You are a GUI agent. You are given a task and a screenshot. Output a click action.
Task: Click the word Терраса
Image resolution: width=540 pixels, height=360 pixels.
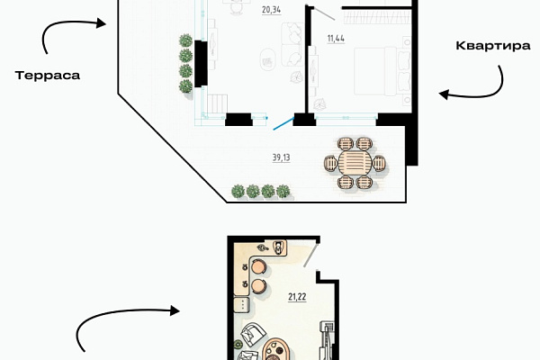(48, 76)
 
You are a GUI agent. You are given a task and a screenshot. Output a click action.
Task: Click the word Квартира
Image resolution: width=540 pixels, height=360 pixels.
(493, 46)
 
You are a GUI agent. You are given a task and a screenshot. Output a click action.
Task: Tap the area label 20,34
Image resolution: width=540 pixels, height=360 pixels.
(272, 10)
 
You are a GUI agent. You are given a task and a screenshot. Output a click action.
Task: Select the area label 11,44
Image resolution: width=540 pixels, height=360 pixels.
(336, 38)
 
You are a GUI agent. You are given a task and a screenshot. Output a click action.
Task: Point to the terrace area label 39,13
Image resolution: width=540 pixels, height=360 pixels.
(282, 157)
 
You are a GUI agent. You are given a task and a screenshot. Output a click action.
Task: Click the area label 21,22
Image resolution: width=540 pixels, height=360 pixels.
(297, 297)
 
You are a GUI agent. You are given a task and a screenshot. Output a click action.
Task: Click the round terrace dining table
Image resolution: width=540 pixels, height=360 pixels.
(355, 163)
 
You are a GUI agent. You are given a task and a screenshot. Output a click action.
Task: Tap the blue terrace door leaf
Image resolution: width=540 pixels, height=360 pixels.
(283, 123)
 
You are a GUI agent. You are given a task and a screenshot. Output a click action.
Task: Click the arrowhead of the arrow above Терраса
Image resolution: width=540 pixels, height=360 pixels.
(101, 23)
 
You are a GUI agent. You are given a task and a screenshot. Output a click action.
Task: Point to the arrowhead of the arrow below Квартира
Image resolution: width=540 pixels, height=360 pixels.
(444, 94)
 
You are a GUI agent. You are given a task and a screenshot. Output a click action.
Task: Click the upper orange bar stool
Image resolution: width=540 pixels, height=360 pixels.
(258, 266)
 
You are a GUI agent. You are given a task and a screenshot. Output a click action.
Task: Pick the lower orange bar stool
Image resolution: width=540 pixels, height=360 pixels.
(258, 286)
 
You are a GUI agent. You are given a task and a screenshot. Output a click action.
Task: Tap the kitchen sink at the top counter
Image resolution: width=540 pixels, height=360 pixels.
(279, 247)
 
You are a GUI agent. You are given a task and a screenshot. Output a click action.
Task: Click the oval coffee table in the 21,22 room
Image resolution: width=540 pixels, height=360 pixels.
(276, 350)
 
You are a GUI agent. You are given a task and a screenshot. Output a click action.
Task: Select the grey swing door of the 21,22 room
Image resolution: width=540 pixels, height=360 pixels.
(310, 256)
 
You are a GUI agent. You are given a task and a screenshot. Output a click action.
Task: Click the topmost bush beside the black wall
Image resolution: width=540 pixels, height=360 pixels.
(186, 40)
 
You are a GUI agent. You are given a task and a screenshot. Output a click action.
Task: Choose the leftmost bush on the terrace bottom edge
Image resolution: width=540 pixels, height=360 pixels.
(238, 191)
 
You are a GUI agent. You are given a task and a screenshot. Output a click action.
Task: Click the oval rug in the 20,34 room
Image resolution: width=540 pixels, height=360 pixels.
(267, 60)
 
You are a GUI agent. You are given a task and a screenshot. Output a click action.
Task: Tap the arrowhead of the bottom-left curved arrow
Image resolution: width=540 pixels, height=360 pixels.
(175, 310)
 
